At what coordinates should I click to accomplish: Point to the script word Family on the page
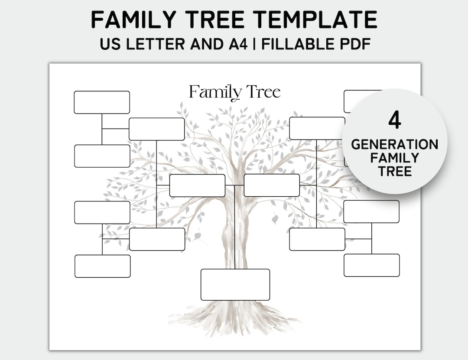point(215,92)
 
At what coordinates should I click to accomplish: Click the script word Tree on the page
point(263,92)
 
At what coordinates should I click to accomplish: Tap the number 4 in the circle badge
point(394,120)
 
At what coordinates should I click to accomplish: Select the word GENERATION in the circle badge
point(394,144)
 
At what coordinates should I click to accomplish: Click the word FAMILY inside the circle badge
point(394,158)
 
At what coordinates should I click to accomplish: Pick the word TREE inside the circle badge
point(394,171)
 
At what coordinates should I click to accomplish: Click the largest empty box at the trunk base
point(235,285)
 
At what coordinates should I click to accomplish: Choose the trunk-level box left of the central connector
point(197,185)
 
